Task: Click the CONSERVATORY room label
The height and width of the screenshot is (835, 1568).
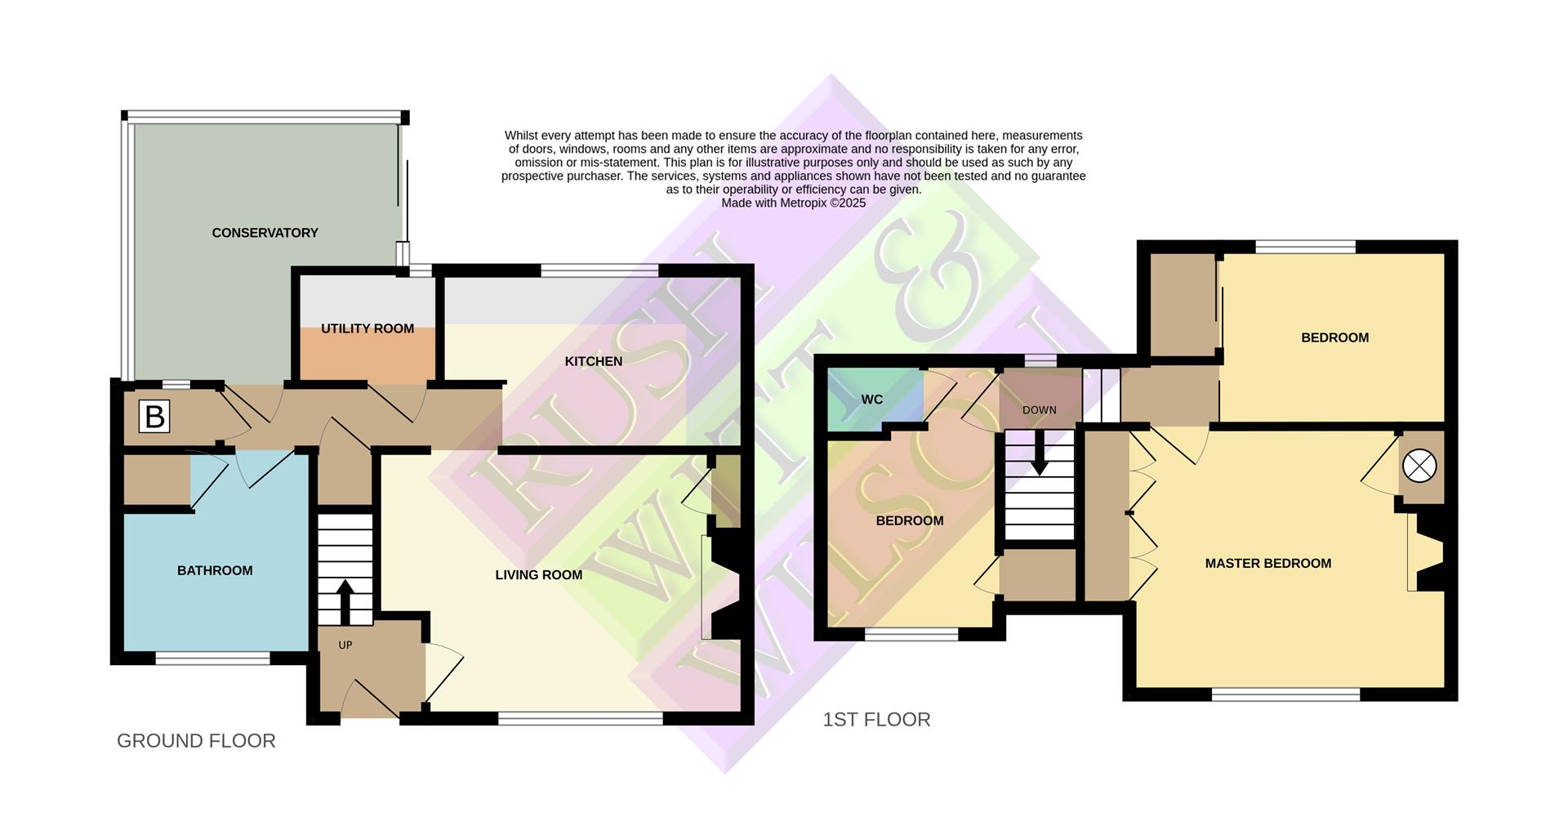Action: point(265,233)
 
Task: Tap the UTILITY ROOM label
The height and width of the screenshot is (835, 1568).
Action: point(367,328)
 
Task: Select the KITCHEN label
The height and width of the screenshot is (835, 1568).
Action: point(594,361)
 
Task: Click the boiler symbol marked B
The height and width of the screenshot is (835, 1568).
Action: point(154,417)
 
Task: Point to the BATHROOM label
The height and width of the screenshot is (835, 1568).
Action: point(215,570)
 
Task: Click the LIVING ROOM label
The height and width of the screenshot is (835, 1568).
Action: point(538,575)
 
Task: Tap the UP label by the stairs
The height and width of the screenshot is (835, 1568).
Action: point(345,645)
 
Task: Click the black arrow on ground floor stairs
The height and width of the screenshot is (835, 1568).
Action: point(345,601)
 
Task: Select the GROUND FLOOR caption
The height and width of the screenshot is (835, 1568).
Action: point(196,741)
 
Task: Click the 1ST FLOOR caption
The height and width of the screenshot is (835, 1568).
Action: point(876,720)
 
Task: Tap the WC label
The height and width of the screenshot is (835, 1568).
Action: point(871,400)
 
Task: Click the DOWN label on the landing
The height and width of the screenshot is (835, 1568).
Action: point(1039,410)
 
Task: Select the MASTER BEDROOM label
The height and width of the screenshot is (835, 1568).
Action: point(1267,563)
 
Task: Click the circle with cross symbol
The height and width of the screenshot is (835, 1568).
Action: point(1419,467)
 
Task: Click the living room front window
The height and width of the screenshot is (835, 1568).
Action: point(581,719)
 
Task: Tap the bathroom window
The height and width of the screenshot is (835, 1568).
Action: point(212,659)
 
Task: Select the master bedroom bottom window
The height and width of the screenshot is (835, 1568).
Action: point(1285,694)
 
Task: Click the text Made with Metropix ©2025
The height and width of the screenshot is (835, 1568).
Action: point(793,203)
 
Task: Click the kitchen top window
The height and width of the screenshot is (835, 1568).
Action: point(599,270)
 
